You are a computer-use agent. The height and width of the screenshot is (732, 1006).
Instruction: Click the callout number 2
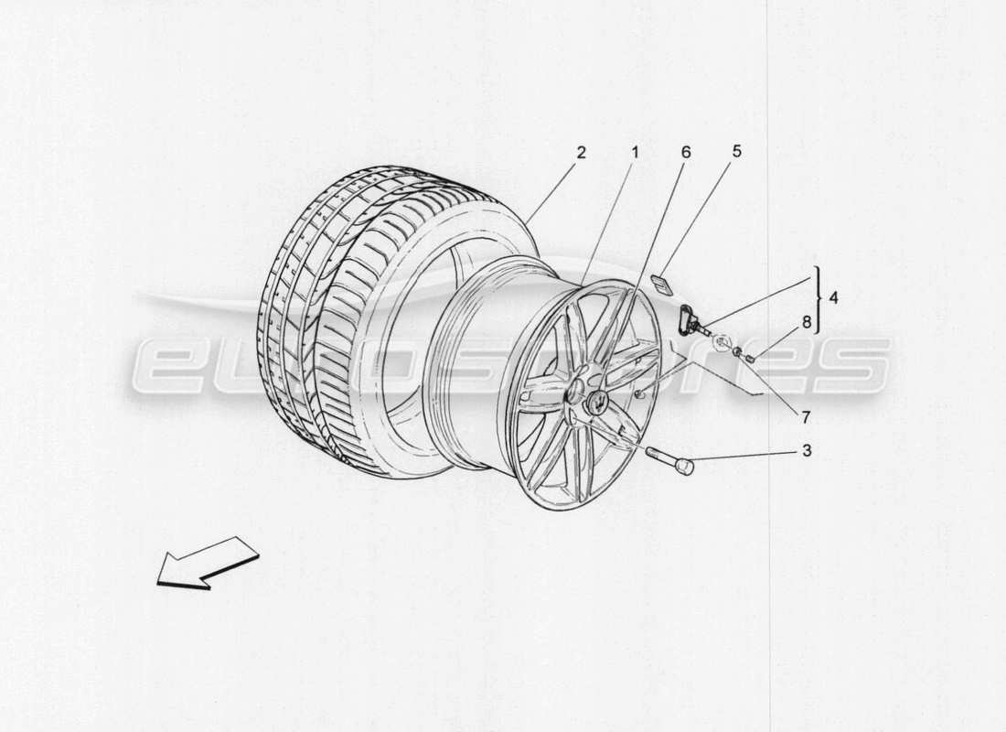(581, 152)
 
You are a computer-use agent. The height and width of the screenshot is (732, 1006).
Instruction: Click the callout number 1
(634, 152)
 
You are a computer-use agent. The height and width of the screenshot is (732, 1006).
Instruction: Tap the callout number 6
(686, 152)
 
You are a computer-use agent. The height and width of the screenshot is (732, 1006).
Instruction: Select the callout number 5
(736, 152)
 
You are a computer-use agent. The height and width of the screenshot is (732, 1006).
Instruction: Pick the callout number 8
(806, 322)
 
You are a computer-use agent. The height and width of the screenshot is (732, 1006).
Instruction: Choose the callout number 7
(806, 417)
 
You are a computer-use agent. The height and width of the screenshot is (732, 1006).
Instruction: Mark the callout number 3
(806, 450)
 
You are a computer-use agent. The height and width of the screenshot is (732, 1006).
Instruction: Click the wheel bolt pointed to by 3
(669, 459)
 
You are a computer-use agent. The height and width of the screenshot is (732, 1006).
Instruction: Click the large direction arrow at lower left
(207, 560)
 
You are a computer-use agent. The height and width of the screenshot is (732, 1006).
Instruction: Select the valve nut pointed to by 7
(737, 350)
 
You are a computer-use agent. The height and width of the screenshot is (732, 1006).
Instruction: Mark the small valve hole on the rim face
(637, 393)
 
